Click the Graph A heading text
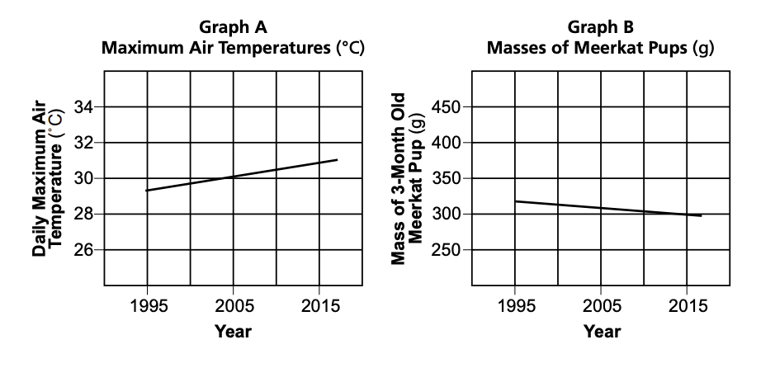click(233, 27)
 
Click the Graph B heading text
click(601, 27)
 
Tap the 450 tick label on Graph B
click(449, 107)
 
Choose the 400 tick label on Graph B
click(449, 143)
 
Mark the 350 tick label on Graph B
click(449, 178)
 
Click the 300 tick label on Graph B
click(449, 215)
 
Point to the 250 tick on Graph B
click(449, 250)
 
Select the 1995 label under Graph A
click(148, 307)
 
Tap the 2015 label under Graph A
click(319, 307)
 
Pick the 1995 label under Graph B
click(515, 307)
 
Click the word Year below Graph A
click(233, 333)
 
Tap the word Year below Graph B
click(601, 333)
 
